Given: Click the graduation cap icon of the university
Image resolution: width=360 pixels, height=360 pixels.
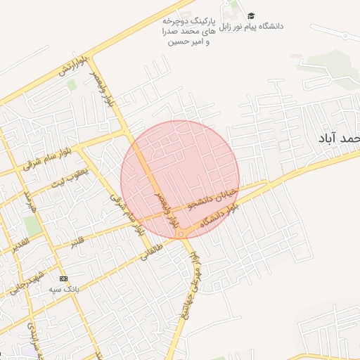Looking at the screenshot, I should coord(251,15).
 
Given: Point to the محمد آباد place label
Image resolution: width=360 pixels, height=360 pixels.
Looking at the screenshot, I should coord(339,139).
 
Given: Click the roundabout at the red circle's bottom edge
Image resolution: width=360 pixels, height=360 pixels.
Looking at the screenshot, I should coord(181,233).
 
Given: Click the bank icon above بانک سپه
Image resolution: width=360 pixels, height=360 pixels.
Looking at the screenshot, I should coord(63,278).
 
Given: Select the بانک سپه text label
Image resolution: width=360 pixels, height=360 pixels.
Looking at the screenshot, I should coord(63,289).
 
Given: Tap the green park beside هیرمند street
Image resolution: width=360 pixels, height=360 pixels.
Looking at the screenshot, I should coord(32,226).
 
